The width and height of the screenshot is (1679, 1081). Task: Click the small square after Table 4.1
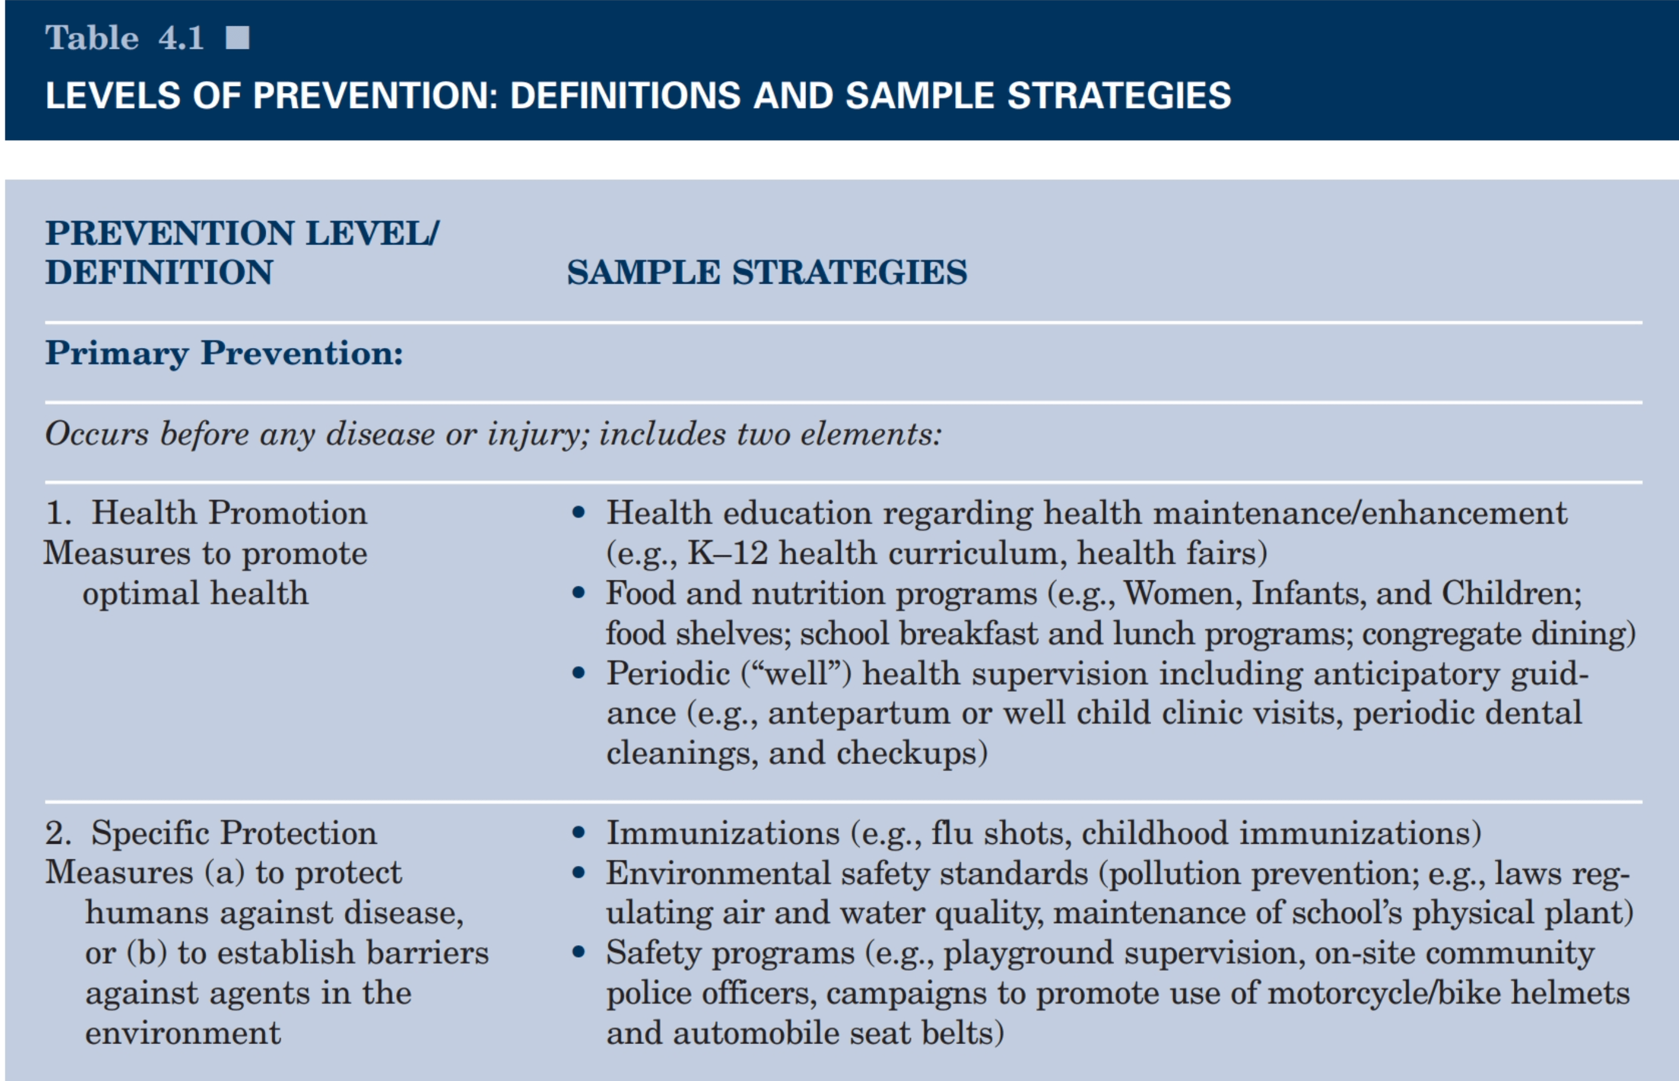coord(237,38)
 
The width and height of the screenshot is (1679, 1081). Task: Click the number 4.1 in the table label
coord(181,38)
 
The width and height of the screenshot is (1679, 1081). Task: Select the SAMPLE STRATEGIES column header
coord(766,272)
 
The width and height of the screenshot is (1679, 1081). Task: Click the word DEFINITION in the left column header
coord(158,272)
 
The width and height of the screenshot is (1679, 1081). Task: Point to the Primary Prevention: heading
coord(224,352)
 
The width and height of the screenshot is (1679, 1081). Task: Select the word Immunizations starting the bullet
coord(723,833)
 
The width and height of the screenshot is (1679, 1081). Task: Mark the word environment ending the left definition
coord(182,1033)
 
